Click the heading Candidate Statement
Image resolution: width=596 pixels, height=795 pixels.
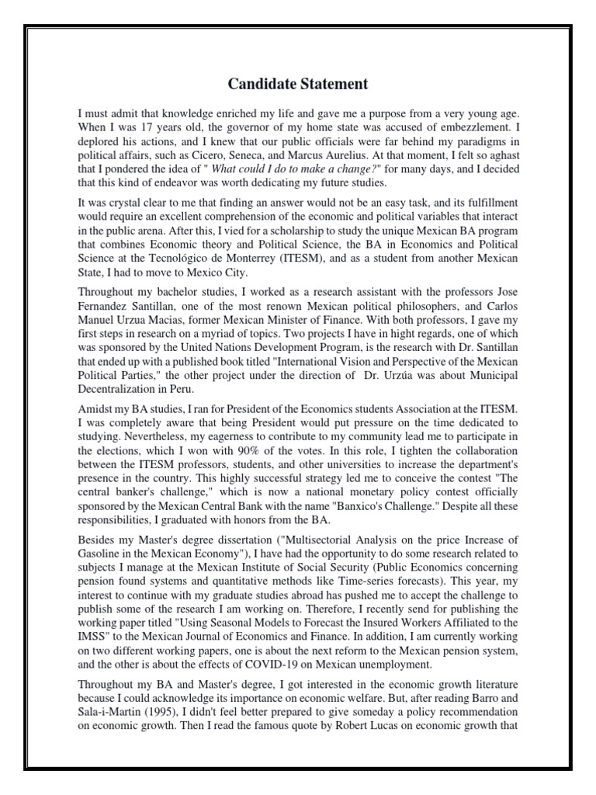point(297,83)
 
